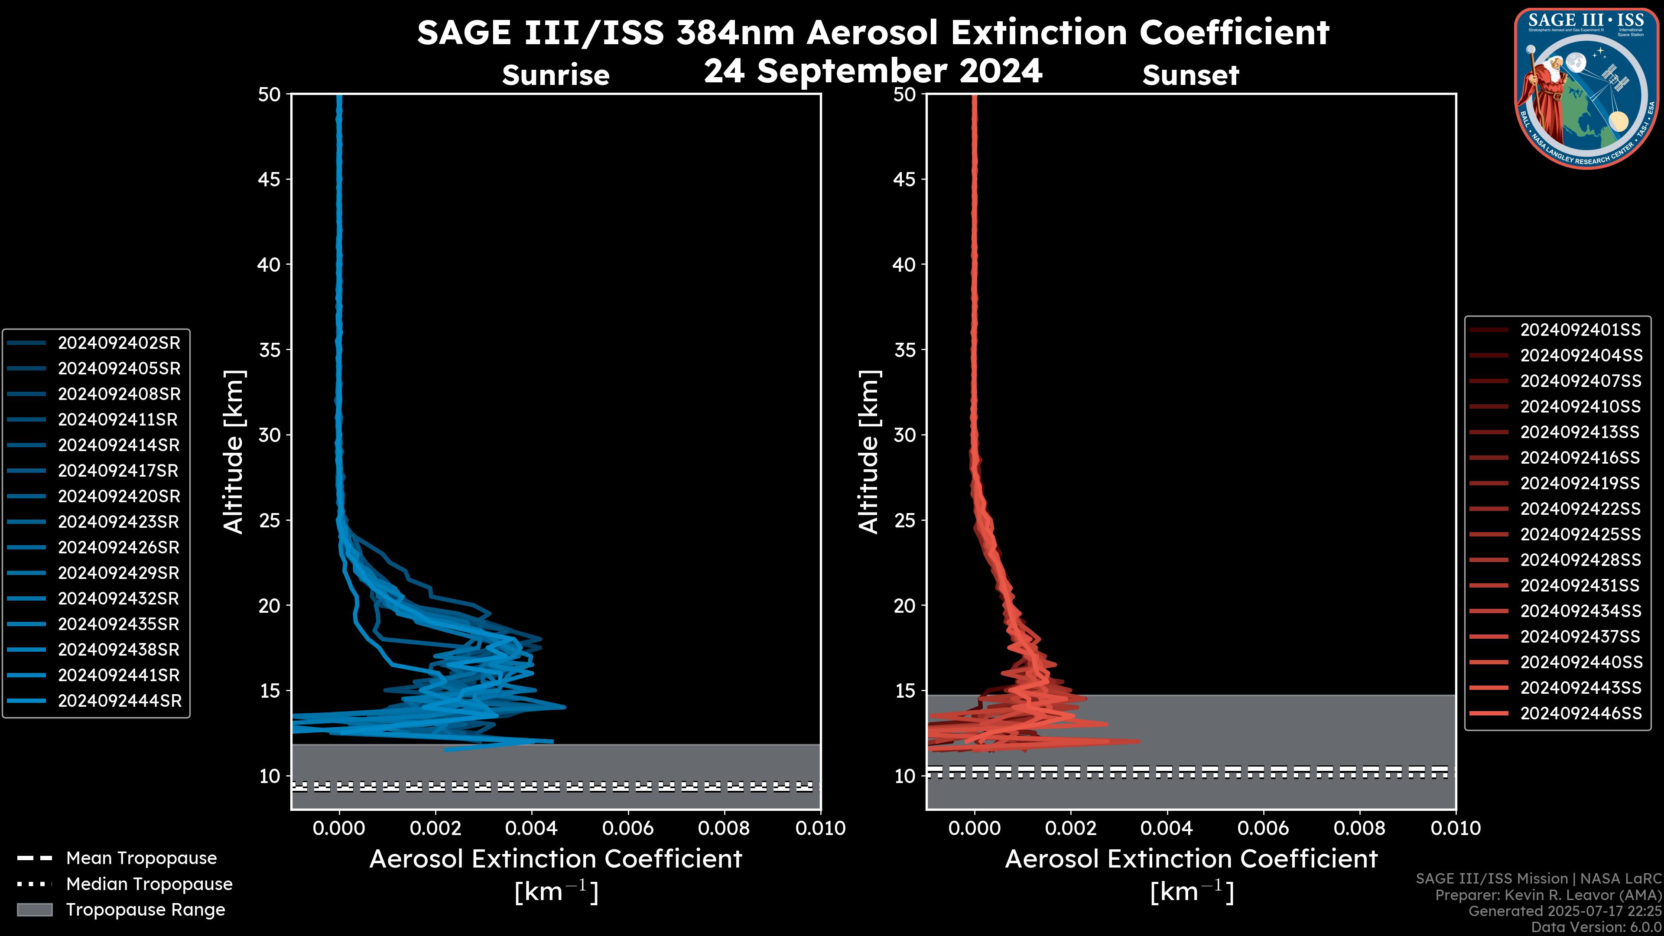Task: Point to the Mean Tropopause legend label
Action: click(x=141, y=858)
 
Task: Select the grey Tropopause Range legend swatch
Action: click(x=34, y=910)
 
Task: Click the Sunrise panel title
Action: click(x=556, y=75)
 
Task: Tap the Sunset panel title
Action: click(x=1190, y=75)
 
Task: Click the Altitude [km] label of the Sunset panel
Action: click(x=869, y=452)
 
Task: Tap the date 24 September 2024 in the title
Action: click(x=873, y=71)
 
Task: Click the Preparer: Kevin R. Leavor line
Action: click(x=1548, y=895)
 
